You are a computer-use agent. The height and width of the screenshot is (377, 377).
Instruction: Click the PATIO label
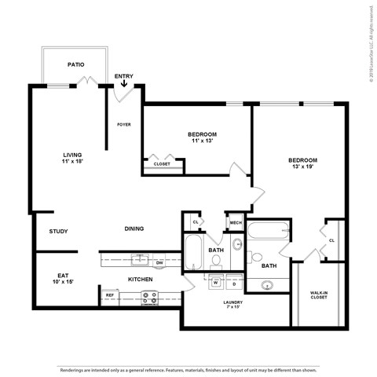click(75, 65)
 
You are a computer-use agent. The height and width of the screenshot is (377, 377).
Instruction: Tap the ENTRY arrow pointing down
click(124, 83)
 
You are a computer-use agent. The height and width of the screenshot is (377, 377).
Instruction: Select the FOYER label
click(124, 124)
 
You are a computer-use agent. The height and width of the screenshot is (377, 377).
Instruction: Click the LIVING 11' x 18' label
click(73, 158)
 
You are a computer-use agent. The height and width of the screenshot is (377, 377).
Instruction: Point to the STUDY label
click(58, 232)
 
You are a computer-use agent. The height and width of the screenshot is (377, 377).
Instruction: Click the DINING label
click(135, 229)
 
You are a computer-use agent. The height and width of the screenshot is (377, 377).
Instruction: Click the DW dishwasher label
click(159, 262)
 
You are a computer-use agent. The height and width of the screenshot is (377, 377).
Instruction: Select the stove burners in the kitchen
click(148, 297)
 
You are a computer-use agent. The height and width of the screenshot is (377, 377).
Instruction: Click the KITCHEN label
click(140, 279)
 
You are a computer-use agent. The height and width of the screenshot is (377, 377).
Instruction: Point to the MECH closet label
click(236, 223)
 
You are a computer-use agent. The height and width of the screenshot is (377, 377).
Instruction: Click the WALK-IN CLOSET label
click(319, 295)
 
